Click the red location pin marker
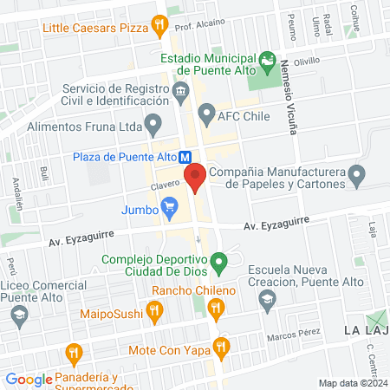194,177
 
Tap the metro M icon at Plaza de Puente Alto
185,157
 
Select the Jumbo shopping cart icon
170,208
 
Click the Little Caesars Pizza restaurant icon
159,25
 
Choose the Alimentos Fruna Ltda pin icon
153,125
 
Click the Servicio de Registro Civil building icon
180,90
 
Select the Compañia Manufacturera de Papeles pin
356,177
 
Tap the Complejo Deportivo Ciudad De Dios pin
220,260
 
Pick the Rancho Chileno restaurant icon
216,306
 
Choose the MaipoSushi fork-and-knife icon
154,309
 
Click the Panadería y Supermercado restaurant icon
73,353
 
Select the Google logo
29,380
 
